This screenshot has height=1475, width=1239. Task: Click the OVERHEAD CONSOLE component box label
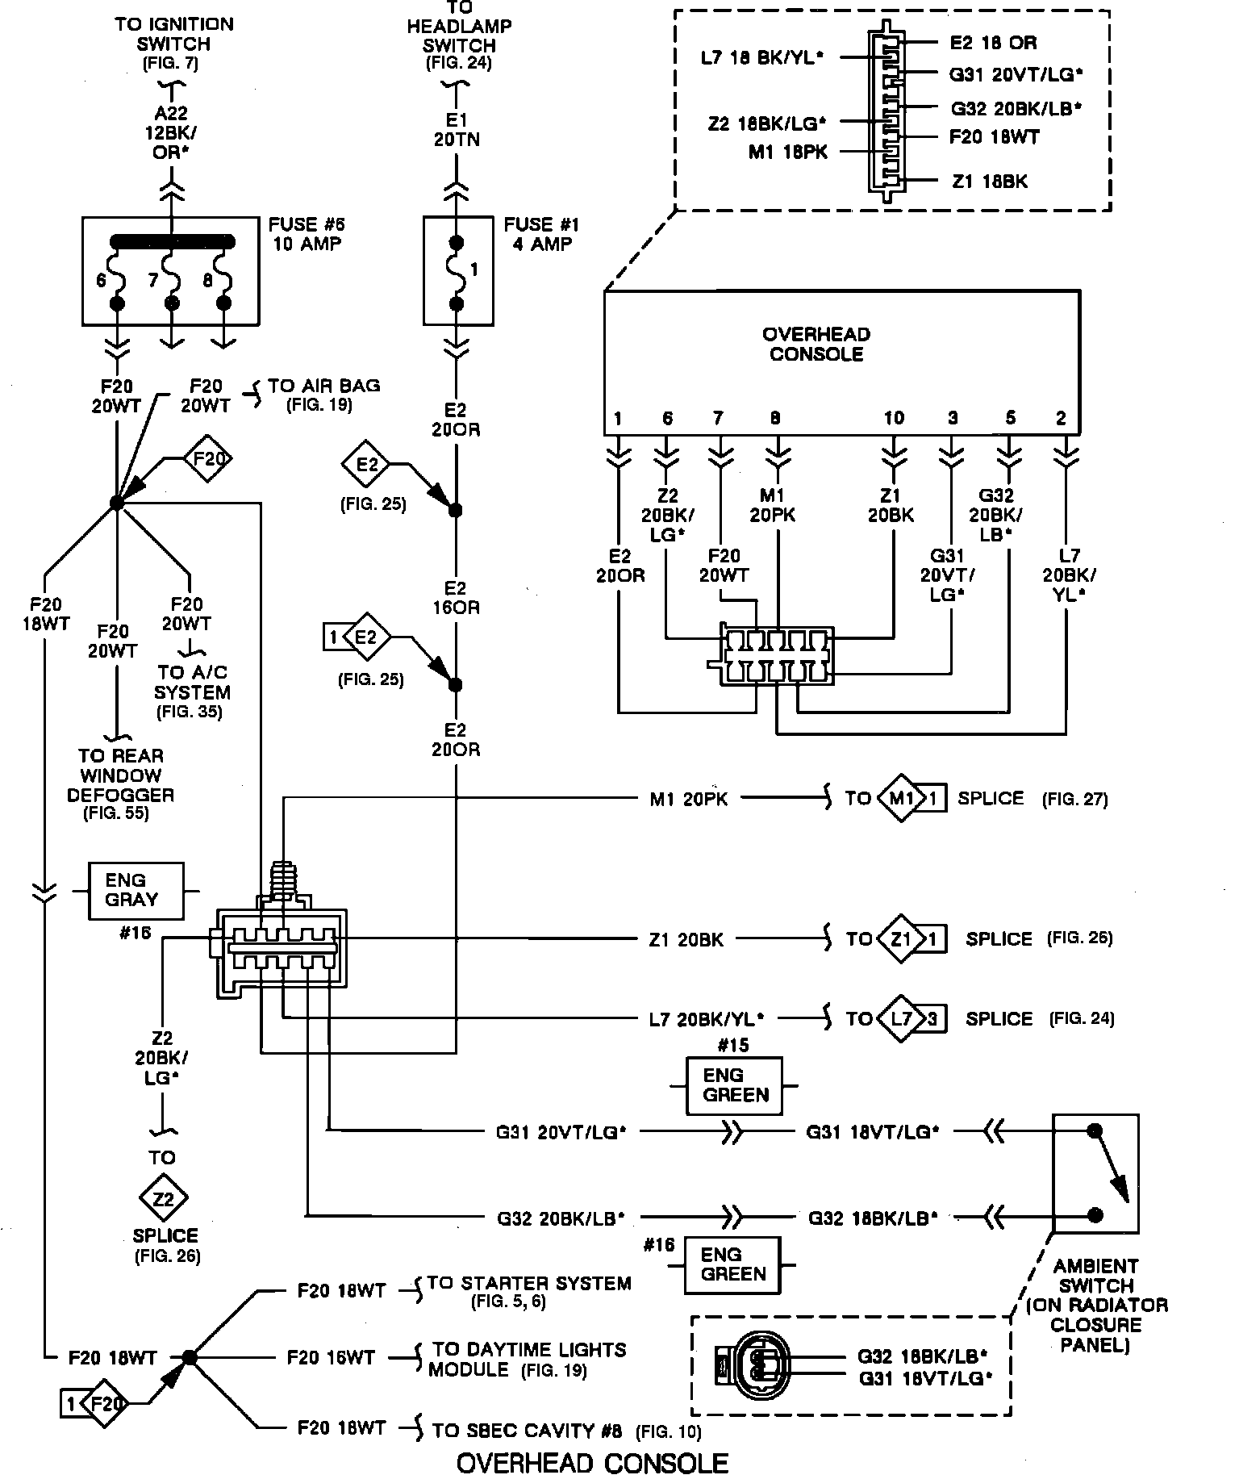point(816,345)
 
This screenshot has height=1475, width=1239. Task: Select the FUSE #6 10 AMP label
point(307,234)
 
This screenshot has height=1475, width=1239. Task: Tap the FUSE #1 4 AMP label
point(541,234)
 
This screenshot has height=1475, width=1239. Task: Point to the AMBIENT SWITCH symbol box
point(1095,1172)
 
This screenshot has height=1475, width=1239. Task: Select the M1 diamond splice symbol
point(901,799)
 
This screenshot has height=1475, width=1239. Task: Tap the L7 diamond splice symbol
point(901,1018)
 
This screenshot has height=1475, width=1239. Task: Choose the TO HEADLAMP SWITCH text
point(458,36)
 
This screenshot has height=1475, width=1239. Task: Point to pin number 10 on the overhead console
point(893,418)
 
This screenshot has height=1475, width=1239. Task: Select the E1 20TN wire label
point(457,130)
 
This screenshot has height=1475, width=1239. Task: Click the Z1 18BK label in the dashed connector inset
point(990,182)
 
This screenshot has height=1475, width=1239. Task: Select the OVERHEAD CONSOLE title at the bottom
point(592,1462)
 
